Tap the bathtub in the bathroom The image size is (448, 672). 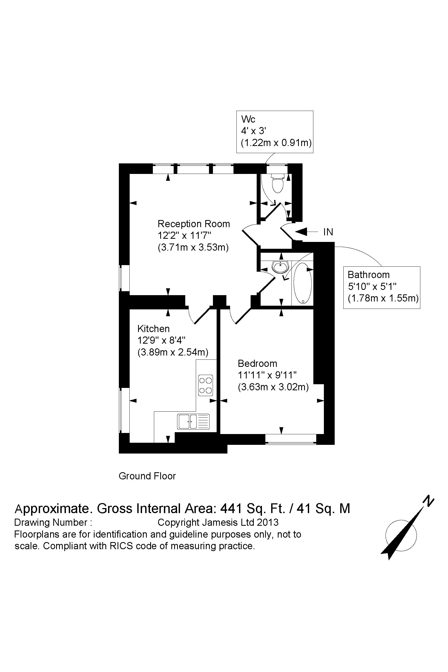tap(303, 283)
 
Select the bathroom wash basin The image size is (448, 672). tap(281, 267)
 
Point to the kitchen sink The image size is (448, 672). tap(193, 422)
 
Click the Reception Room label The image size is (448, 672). tap(194, 224)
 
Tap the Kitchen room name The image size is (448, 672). tap(153, 329)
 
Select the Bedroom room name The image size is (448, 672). tap(257, 363)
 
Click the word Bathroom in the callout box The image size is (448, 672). tap(369, 275)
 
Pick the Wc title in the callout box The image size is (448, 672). tap(248, 119)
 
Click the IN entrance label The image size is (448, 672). tap(328, 232)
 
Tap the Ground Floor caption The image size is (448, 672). tap(147, 476)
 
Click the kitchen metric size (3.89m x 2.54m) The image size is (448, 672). tap(173, 352)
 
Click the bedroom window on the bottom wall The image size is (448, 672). tap(291, 439)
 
